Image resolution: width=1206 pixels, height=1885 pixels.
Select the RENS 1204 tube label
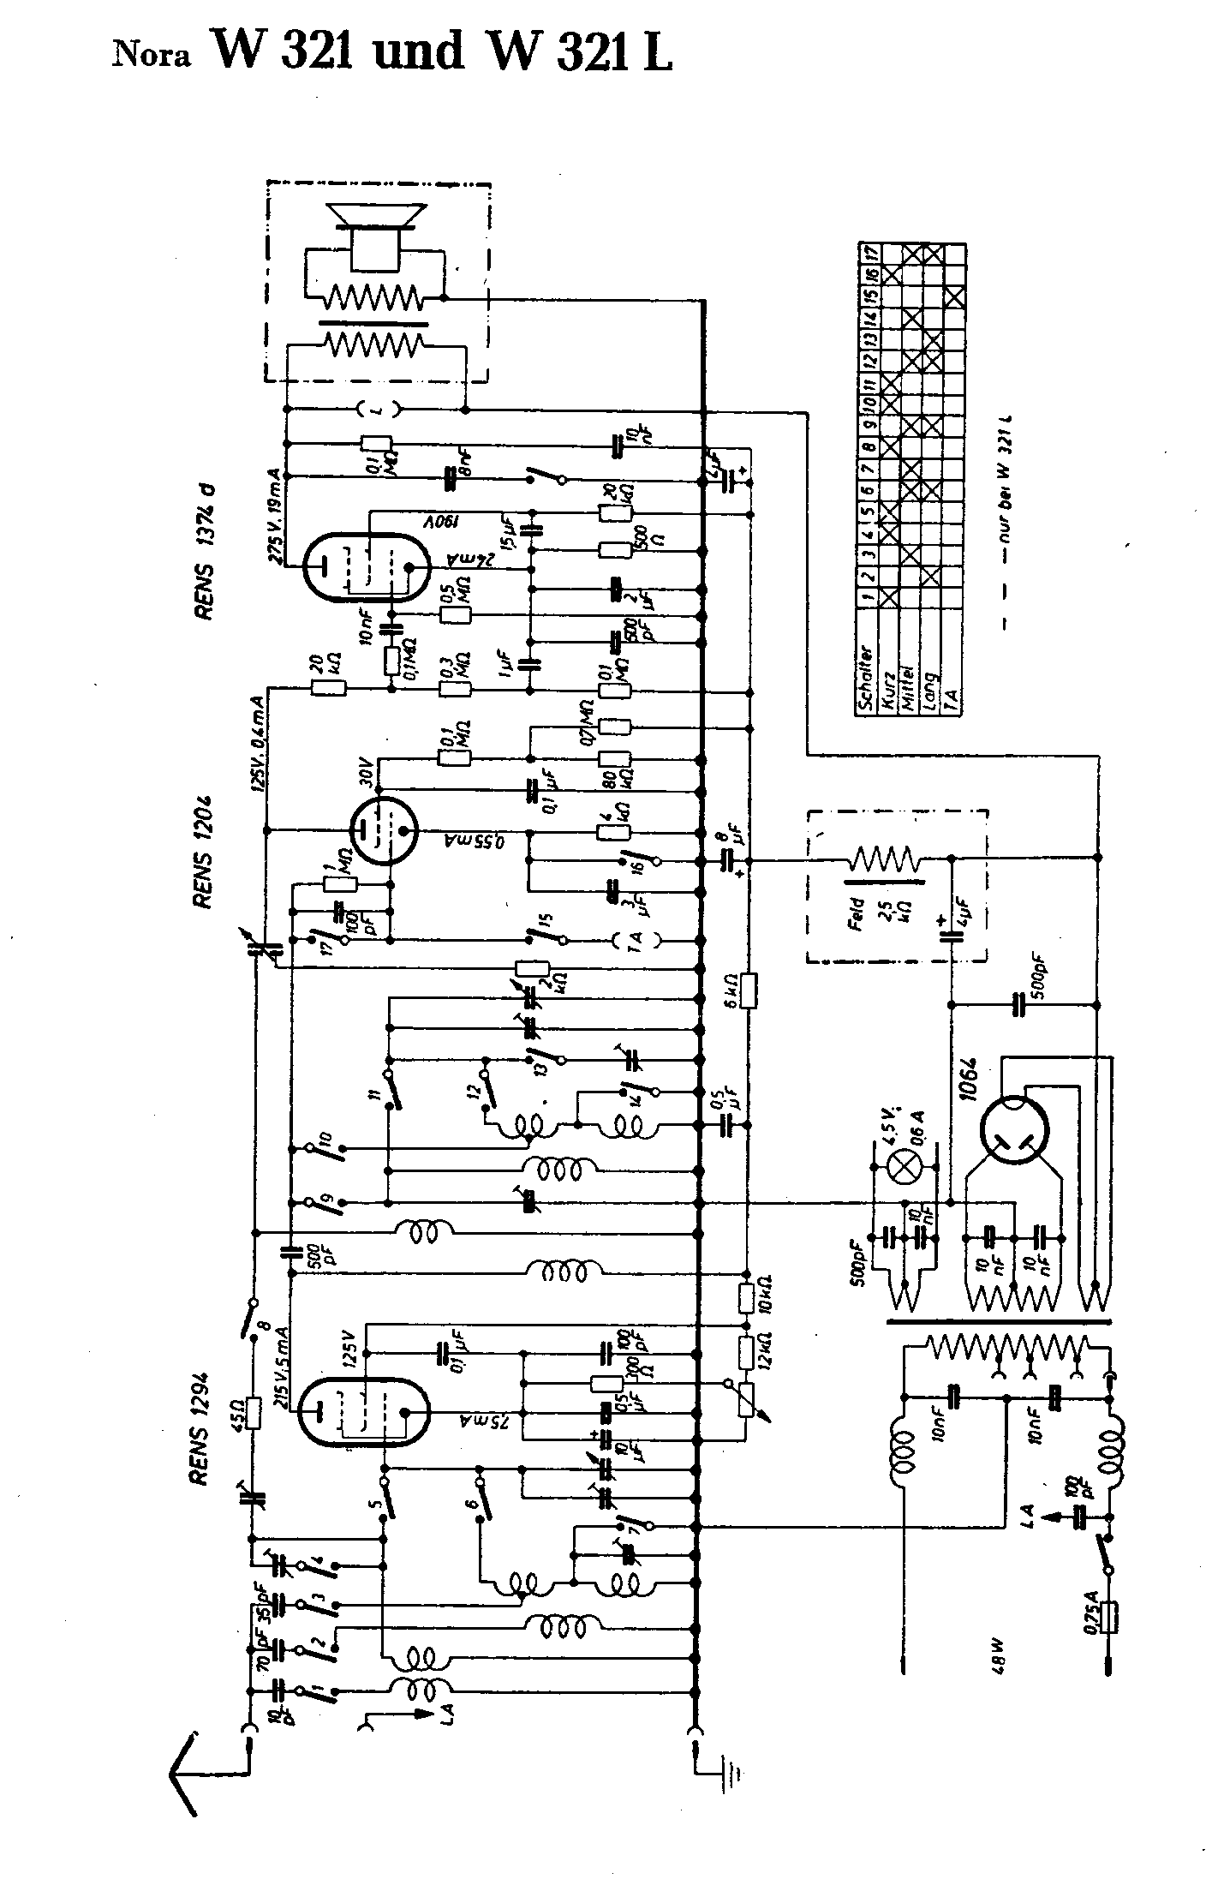coord(205,852)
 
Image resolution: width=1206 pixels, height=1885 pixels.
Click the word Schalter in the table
coord(867,678)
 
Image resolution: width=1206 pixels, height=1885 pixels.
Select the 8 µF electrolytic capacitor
coord(731,859)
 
